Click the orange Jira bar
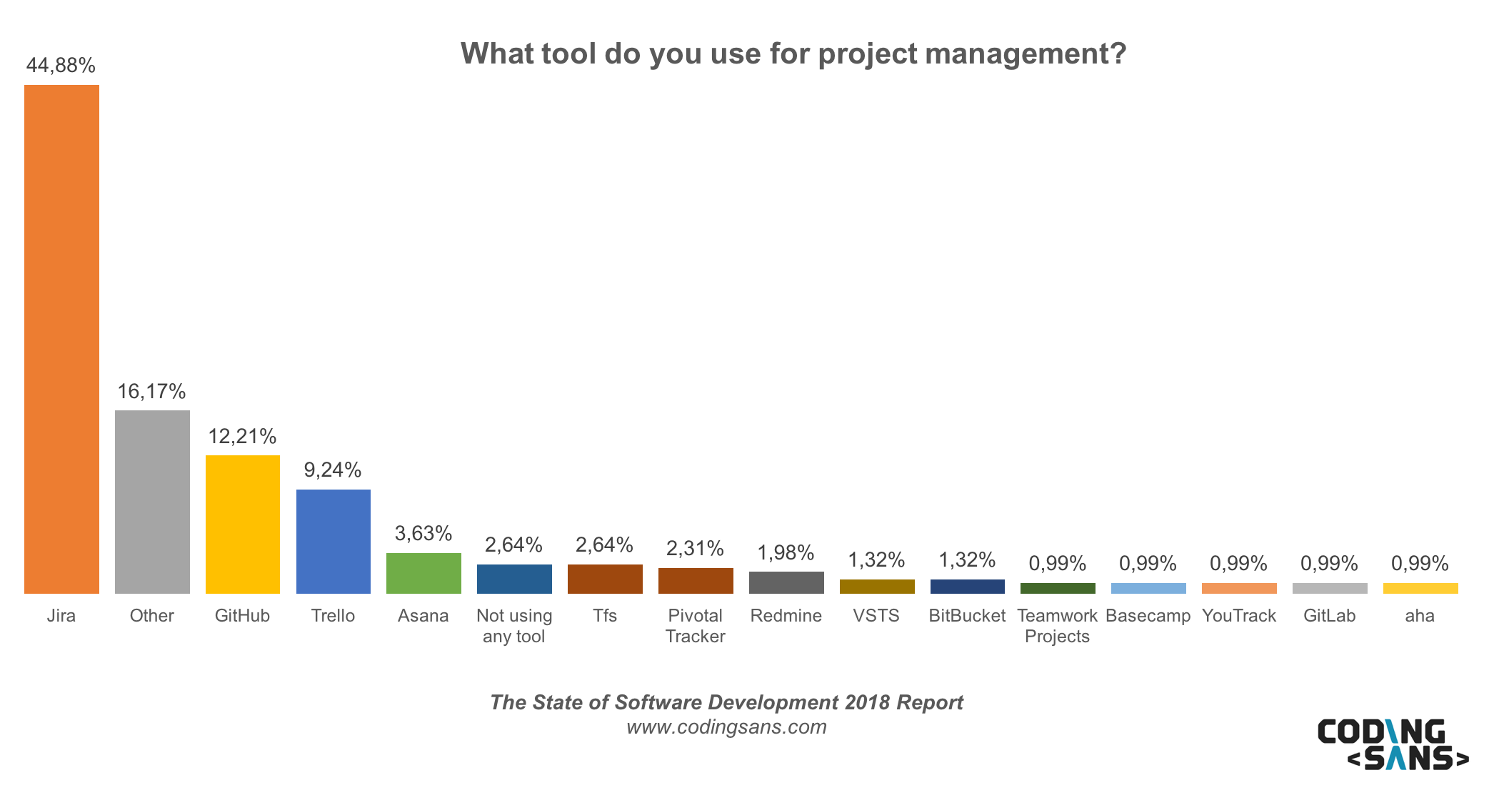pos(61,339)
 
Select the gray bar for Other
pos(152,502)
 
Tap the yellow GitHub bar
pos(243,525)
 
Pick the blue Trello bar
pos(334,541)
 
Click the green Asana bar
pos(423,573)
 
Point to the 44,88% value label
pos(61,66)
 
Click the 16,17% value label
pos(151,391)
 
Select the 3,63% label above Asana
pos(423,533)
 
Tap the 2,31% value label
pos(695,548)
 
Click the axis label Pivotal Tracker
pos(695,626)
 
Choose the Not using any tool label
pos(514,626)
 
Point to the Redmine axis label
pos(786,615)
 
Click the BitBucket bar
pos(967,587)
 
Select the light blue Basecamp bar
pos(1148,588)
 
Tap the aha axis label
pos(1420,615)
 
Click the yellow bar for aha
pos(1420,588)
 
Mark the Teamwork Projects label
pos(1057,626)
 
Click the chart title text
pos(793,54)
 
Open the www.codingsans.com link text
pos(726,727)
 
